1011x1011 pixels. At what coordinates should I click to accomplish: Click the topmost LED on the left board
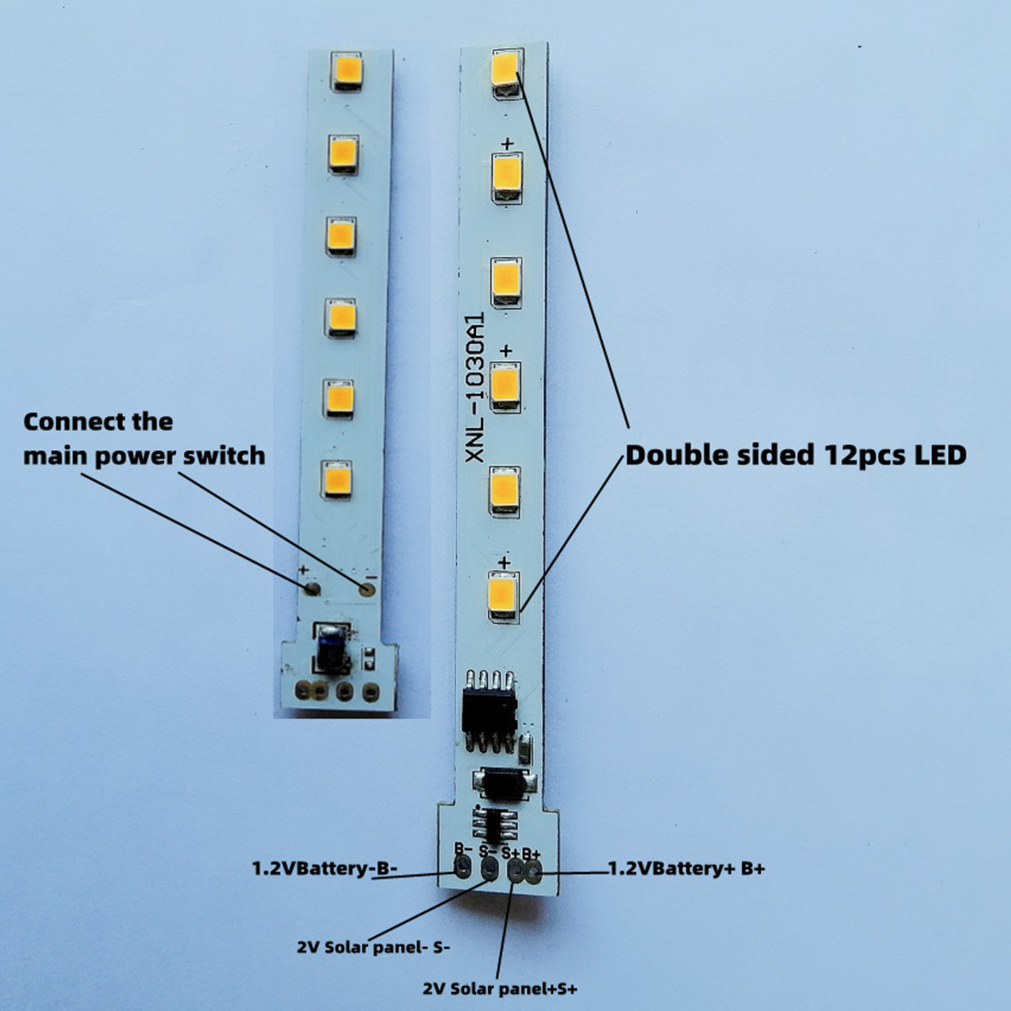tap(348, 70)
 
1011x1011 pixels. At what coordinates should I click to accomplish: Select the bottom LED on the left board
tap(337, 479)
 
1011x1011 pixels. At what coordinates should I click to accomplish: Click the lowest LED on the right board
tap(504, 595)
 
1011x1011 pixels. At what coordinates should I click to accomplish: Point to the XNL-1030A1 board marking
tap(475, 387)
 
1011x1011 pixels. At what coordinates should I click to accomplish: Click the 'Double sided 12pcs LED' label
tap(796, 455)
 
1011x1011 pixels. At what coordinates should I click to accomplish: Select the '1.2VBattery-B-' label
tap(325, 869)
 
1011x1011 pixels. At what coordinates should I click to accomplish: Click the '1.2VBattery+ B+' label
tap(687, 869)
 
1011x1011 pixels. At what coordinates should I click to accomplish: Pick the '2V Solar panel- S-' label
tap(373, 947)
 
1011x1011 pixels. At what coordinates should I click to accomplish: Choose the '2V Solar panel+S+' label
tap(500, 988)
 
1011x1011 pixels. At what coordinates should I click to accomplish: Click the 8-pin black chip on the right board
tap(490, 712)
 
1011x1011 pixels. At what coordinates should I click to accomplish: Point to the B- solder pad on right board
tap(463, 869)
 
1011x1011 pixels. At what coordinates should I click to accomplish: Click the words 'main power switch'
tap(144, 456)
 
